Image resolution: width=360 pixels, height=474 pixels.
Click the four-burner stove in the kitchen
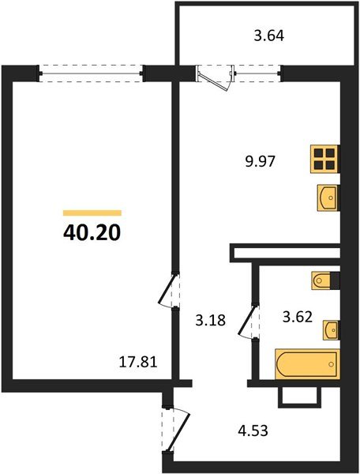[x=324, y=159]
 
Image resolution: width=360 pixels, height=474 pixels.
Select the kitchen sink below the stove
[x=327, y=196]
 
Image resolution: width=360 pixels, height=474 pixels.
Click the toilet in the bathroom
[x=324, y=280]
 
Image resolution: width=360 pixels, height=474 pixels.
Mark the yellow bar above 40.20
[x=92, y=213]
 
